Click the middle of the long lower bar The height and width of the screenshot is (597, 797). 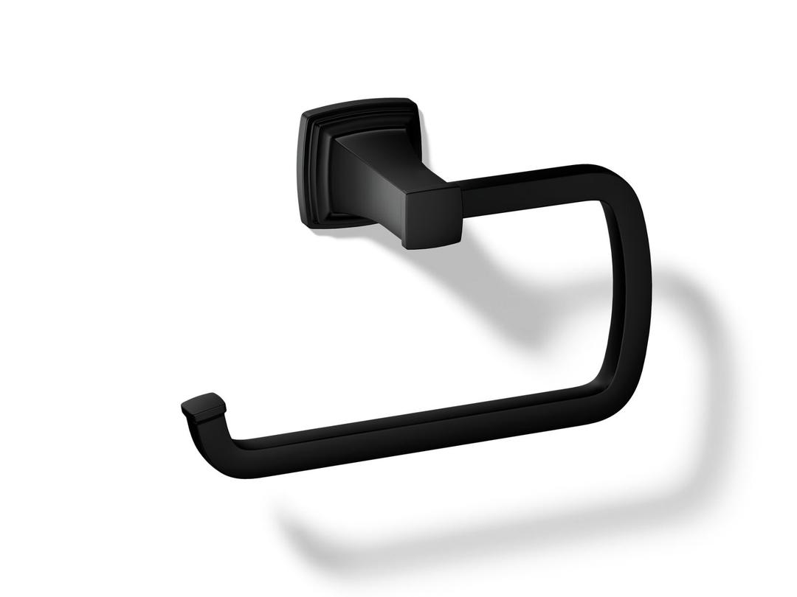click(413, 427)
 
